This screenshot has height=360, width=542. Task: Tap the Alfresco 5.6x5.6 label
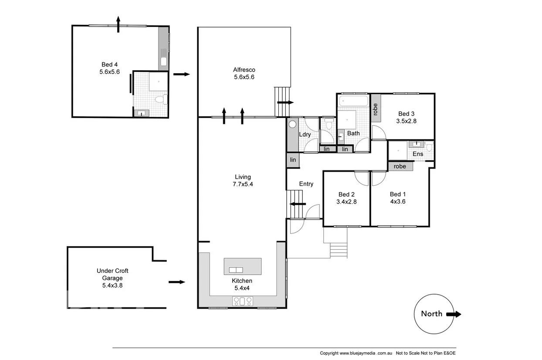pyautogui.click(x=244, y=73)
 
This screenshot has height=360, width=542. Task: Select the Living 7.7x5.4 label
pyautogui.click(x=243, y=180)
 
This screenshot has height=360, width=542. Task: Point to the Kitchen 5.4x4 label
pyautogui.click(x=242, y=284)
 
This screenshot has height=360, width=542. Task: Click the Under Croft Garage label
pyautogui.click(x=112, y=278)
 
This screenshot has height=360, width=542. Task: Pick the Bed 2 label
pyautogui.click(x=346, y=198)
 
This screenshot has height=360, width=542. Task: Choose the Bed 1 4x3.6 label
pyautogui.click(x=398, y=198)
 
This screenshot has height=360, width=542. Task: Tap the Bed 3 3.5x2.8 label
pyautogui.click(x=406, y=117)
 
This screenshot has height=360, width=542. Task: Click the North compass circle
pyautogui.click(x=431, y=314)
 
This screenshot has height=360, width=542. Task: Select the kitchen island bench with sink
pyautogui.click(x=243, y=266)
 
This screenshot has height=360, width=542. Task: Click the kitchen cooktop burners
pyautogui.click(x=243, y=300)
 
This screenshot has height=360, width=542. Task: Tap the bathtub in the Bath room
pyautogui.click(x=353, y=102)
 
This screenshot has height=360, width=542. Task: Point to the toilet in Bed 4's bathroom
pyautogui.click(x=160, y=100)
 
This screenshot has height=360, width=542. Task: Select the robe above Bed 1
pyautogui.click(x=400, y=166)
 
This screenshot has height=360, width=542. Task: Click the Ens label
pyautogui.click(x=418, y=154)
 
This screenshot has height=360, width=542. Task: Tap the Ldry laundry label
pyautogui.click(x=305, y=134)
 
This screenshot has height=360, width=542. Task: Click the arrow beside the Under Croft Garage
pyautogui.click(x=177, y=282)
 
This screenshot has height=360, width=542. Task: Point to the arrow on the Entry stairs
pyautogui.click(x=298, y=204)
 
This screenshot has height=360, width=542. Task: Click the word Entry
pyautogui.click(x=306, y=184)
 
